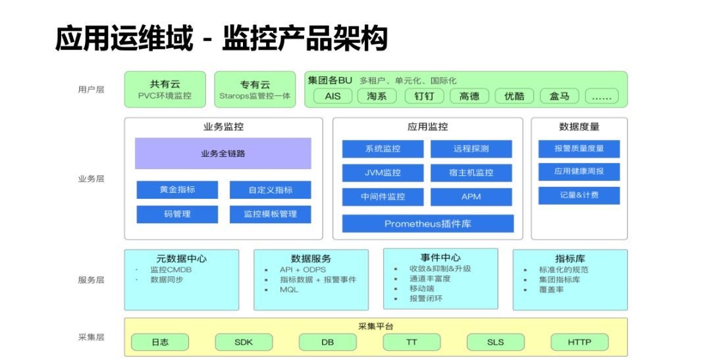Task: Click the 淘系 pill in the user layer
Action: (x=377, y=96)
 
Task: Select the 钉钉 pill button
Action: (x=424, y=96)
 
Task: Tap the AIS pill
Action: (x=333, y=96)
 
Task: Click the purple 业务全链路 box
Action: (x=223, y=153)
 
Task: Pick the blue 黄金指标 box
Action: (x=177, y=190)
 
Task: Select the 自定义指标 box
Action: (x=270, y=190)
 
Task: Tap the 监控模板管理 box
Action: (x=270, y=214)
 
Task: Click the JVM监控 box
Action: (x=382, y=172)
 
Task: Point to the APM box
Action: (x=471, y=197)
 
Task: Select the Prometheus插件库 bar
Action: (x=427, y=224)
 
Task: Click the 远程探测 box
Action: (x=471, y=149)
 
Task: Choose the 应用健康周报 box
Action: (x=579, y=172)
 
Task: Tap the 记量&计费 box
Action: (x=579, y=195)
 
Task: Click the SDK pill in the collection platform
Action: (x=244, y=342)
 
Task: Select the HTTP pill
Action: (x=579, y=342)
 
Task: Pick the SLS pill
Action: (x=495, y=342)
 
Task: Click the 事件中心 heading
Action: (x=440, y=258)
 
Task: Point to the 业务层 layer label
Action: (x=91, y=179)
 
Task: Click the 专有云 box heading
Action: (x=255, y=84)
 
